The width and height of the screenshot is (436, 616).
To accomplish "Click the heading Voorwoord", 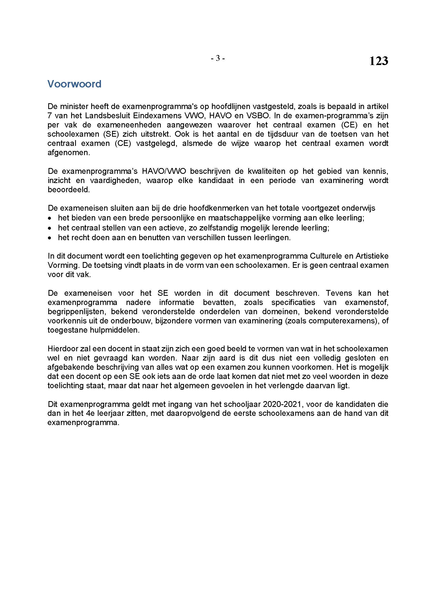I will [x=74, y=84].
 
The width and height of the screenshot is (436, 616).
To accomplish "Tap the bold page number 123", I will [x=379, y=61].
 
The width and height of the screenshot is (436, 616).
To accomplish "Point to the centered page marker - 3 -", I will [x=218, y=58].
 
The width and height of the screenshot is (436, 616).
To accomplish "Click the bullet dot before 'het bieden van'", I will [x=49, y=218].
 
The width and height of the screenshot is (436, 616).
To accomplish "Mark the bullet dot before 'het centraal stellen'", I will [x=49, y=228].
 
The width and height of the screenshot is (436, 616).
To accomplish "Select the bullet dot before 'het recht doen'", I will [x=49, y=238].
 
